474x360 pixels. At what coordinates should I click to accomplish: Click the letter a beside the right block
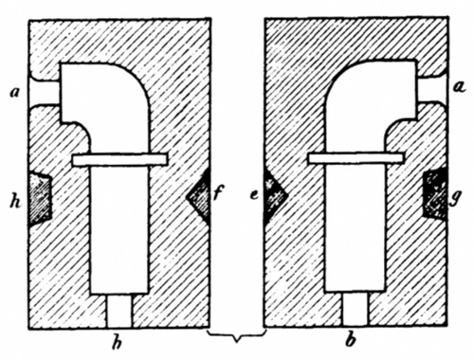point(459,88)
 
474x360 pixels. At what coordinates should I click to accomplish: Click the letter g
point(459,201)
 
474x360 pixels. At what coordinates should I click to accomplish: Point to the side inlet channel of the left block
point(44,94)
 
